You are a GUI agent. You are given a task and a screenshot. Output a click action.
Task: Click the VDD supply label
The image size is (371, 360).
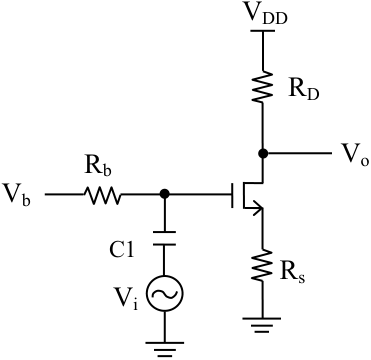264,15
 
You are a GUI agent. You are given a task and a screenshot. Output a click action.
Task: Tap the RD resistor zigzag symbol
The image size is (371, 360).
263,87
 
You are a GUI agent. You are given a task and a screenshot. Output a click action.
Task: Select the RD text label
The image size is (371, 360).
303,89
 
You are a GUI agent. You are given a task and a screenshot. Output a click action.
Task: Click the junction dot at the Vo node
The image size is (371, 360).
263,153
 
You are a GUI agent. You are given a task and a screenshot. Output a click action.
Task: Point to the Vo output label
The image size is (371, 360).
354,154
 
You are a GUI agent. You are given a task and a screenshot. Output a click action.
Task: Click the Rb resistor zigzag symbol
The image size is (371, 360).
102,194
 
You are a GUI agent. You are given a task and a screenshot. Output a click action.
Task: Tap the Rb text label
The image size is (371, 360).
98,166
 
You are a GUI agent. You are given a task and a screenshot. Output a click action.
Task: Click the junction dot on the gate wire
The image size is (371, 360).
164,194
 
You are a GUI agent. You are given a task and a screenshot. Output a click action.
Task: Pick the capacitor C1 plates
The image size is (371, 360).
164,238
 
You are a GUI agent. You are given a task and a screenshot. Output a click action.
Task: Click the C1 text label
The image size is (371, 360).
122,251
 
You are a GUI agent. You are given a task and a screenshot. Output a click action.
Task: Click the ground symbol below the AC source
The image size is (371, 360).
164,349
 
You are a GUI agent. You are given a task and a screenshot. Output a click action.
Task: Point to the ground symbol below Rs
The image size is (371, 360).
262,325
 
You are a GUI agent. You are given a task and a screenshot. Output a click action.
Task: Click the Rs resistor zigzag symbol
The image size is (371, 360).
262,265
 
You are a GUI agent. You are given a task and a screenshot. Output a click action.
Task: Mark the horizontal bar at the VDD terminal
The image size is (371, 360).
262,31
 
